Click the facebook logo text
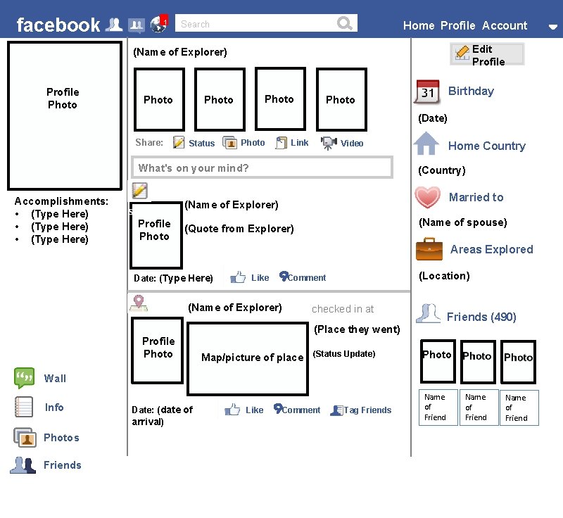[58, 25]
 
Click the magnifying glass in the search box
[345, 23]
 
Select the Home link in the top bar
[419, 25]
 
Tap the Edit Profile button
[488, 55]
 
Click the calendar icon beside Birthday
[428, 91]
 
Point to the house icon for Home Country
[426, 144]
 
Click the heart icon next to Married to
[427, 197]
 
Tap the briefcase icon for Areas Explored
[429, 249]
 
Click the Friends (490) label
[481, 317]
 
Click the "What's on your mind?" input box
[262, 168]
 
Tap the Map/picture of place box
[248, 358]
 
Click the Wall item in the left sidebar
[54, 379]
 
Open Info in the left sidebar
[53, 408]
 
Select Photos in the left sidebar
[61, 438]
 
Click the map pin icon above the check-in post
[139, 303]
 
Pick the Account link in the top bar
[505, 25]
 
